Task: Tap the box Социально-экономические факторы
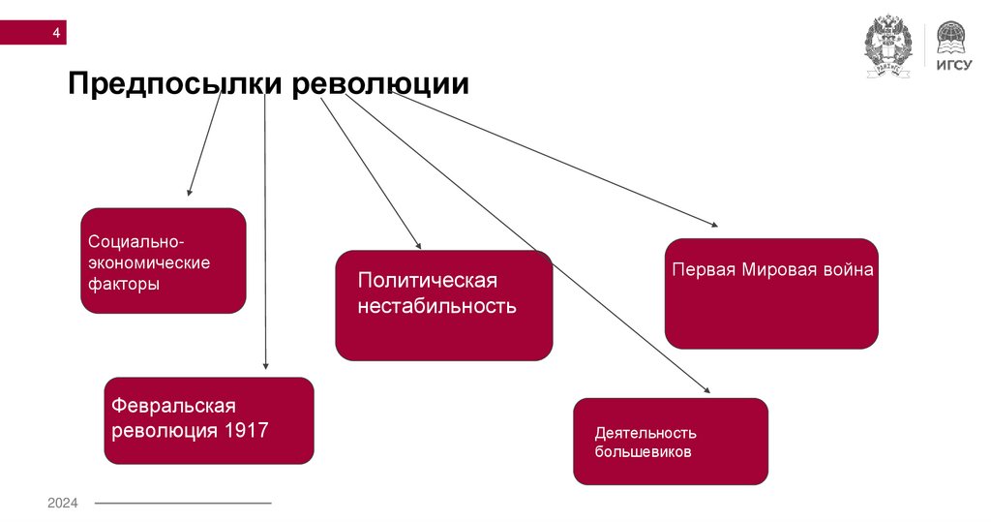pyautogui.click(x=163, y=261)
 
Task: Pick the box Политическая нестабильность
pyautogui.click(x=444, y=306)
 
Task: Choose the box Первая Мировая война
pyautogui.click(x=771, y=293)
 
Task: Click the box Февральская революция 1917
pyautogui.click(x=209, y=419)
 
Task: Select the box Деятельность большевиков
pyautogui.click(x=670, y=441)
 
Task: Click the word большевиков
pyautogui.click(x=643, y=451)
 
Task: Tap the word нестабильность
pyautogui.click(x=436, y=307)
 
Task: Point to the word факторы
pyautogui.click(x=124, y=285)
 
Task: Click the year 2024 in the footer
pyautogui.click(x=63, y=503)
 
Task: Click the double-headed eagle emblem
pyautogui.click(x=887, y=46)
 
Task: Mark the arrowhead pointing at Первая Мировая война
pyautogui.click(x=714, y=225)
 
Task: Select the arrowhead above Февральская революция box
pyautogui.click(x=265, y=366)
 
